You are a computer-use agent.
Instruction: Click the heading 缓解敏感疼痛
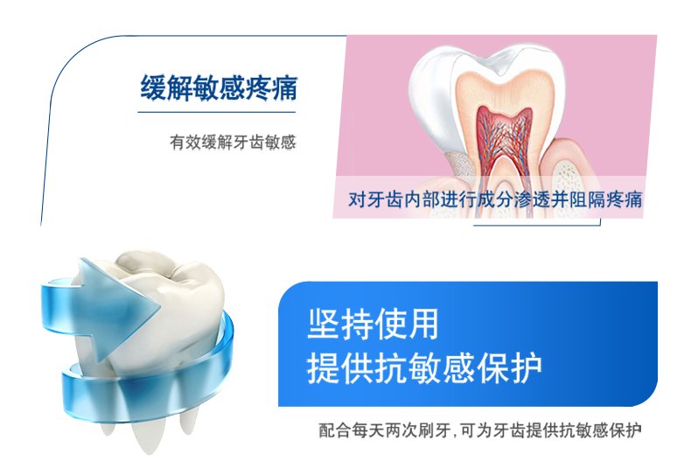coord(219,87)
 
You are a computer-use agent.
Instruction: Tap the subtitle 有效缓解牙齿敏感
coord(234,143)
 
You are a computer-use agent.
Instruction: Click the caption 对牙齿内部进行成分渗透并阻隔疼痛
coord(495,199)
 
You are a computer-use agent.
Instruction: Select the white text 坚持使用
coord(373,324)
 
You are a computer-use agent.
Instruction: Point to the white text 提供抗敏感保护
coord(424,368)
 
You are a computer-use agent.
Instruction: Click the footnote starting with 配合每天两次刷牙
coord(480,430)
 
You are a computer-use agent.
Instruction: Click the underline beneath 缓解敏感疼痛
coord(216,112)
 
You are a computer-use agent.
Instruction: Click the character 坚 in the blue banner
coord(324,324)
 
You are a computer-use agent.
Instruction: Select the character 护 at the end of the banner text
coord(527,368)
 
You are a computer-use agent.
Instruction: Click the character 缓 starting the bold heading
coord(153,87)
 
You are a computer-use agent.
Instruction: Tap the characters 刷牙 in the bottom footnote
coord(434,430)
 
